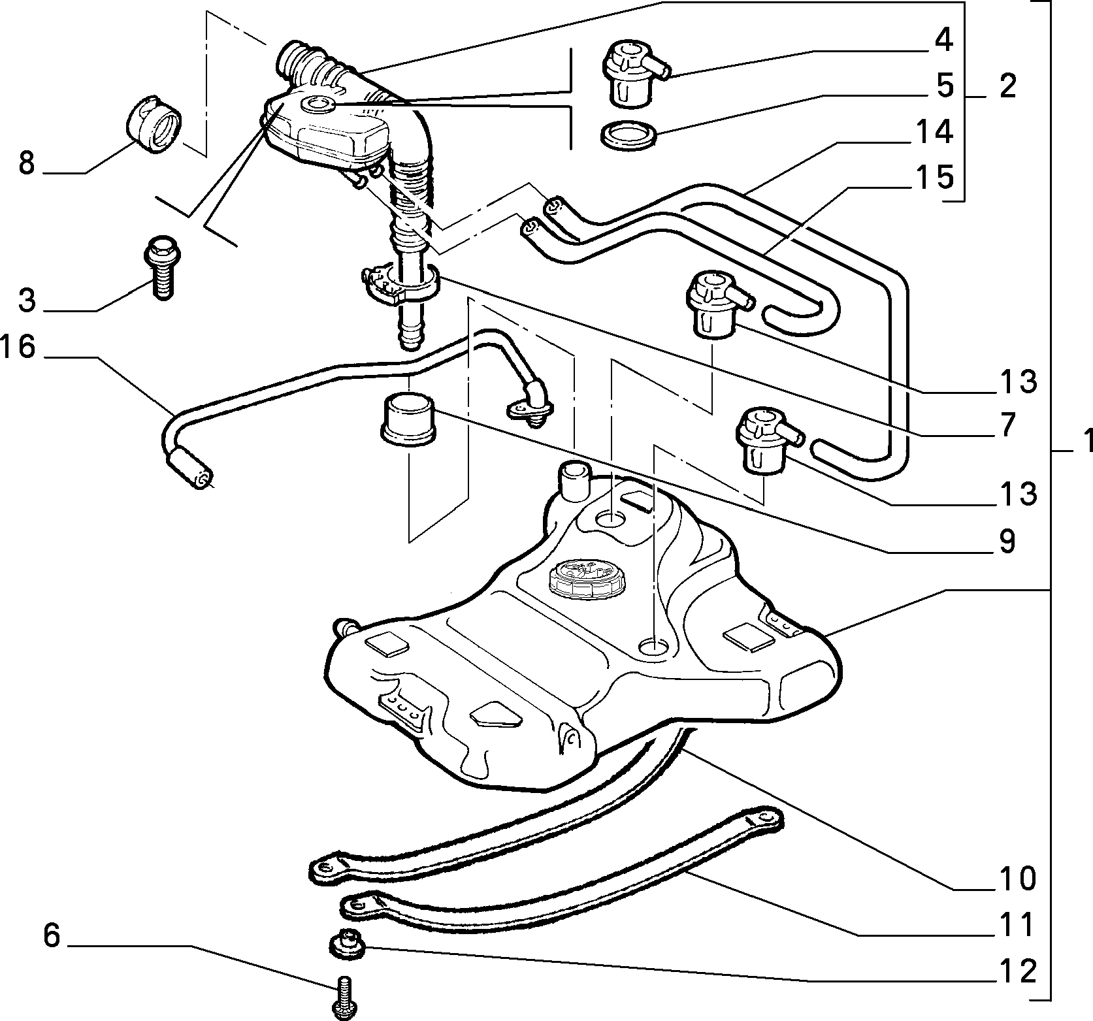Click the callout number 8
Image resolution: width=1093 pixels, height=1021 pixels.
(26, 163)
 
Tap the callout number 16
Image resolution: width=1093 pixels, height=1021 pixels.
(18, 347)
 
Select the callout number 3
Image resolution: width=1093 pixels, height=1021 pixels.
(26, 300)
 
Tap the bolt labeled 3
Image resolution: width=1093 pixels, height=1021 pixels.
(161, 267)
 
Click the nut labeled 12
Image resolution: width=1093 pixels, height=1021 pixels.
(346, 945)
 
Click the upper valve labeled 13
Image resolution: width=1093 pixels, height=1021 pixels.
(716, 305)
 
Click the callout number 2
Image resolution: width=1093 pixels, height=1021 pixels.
(1008, 86)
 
